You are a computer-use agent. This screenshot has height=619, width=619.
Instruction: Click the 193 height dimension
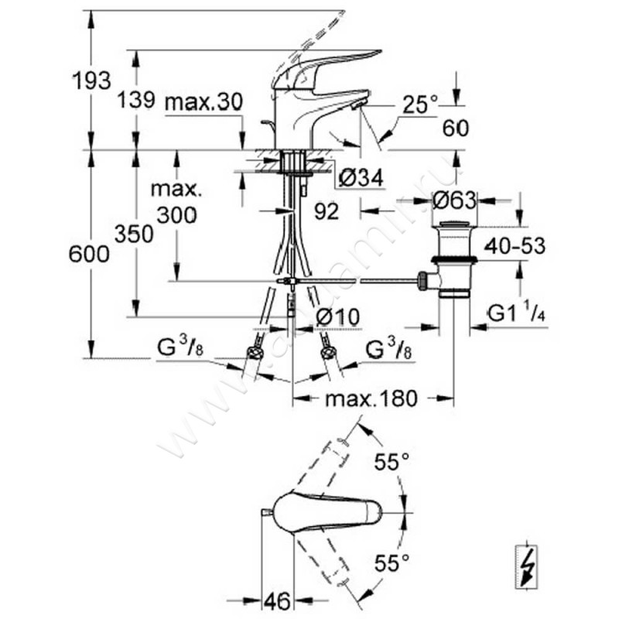(x=91, y=80)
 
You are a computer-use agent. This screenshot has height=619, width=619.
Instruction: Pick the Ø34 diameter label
(x=361, y=179)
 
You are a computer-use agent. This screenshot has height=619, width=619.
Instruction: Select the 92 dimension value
(x=327, y=211)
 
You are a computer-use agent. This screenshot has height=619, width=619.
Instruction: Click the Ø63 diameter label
(x=455, y=200)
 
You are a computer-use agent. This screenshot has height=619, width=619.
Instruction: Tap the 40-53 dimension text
(x=515, y=246)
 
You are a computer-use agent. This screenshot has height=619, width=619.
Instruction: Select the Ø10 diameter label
(x=339, y=316)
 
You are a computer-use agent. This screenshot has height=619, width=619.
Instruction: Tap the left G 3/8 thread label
(x=180, y=349)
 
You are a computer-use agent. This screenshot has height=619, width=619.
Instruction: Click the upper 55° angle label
(x=392, y=463)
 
